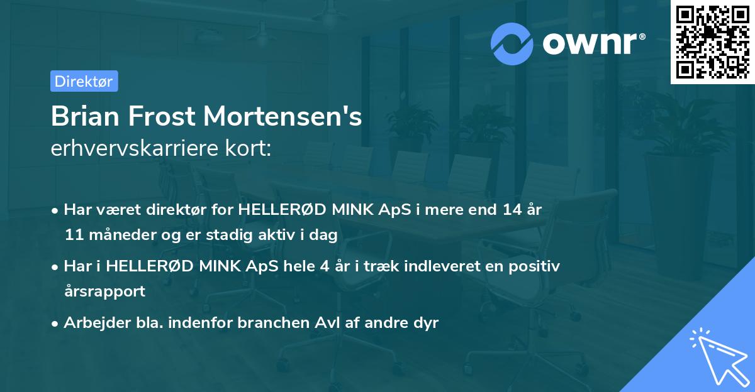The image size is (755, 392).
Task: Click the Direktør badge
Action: pyautogui.click(x=84, y=81)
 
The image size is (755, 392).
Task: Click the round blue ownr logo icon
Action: pyautogui.click(x=512, y=43)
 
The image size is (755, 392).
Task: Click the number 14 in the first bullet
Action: pyautogui.click(x=508, y=210)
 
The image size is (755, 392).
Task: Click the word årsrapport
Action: pyautogui.click(x=104, y=291)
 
